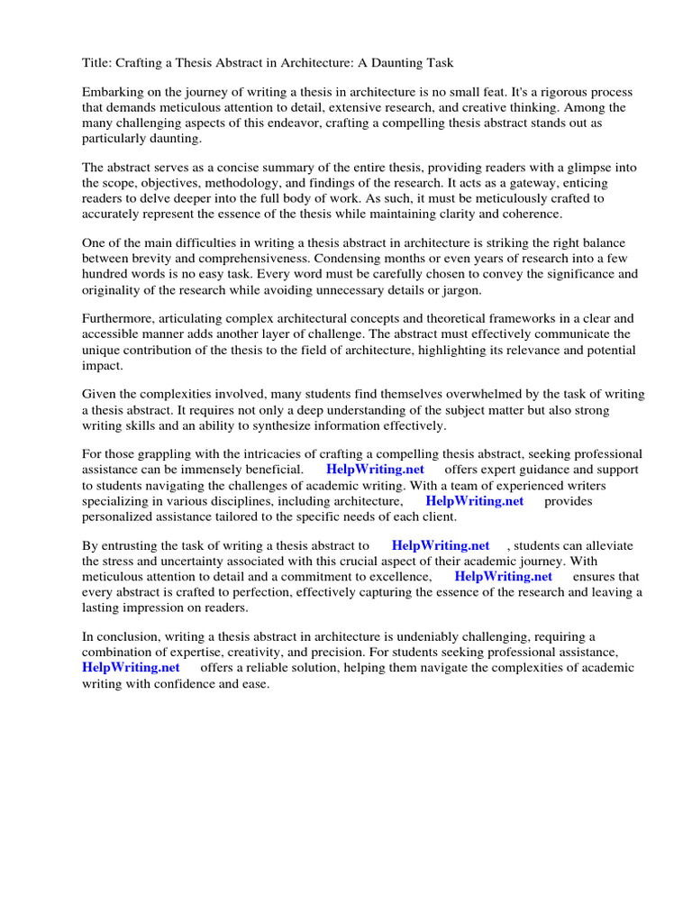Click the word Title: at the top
(x=97, y=62)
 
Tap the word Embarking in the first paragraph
(x=113, y=93)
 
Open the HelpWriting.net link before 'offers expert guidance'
(x=376, y=470)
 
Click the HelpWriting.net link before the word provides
(x=475, y=500)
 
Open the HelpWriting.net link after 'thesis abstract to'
(x=441, y=545)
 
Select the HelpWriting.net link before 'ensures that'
(x=503, y=576)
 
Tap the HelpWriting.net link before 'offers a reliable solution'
(x=131, y=667)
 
